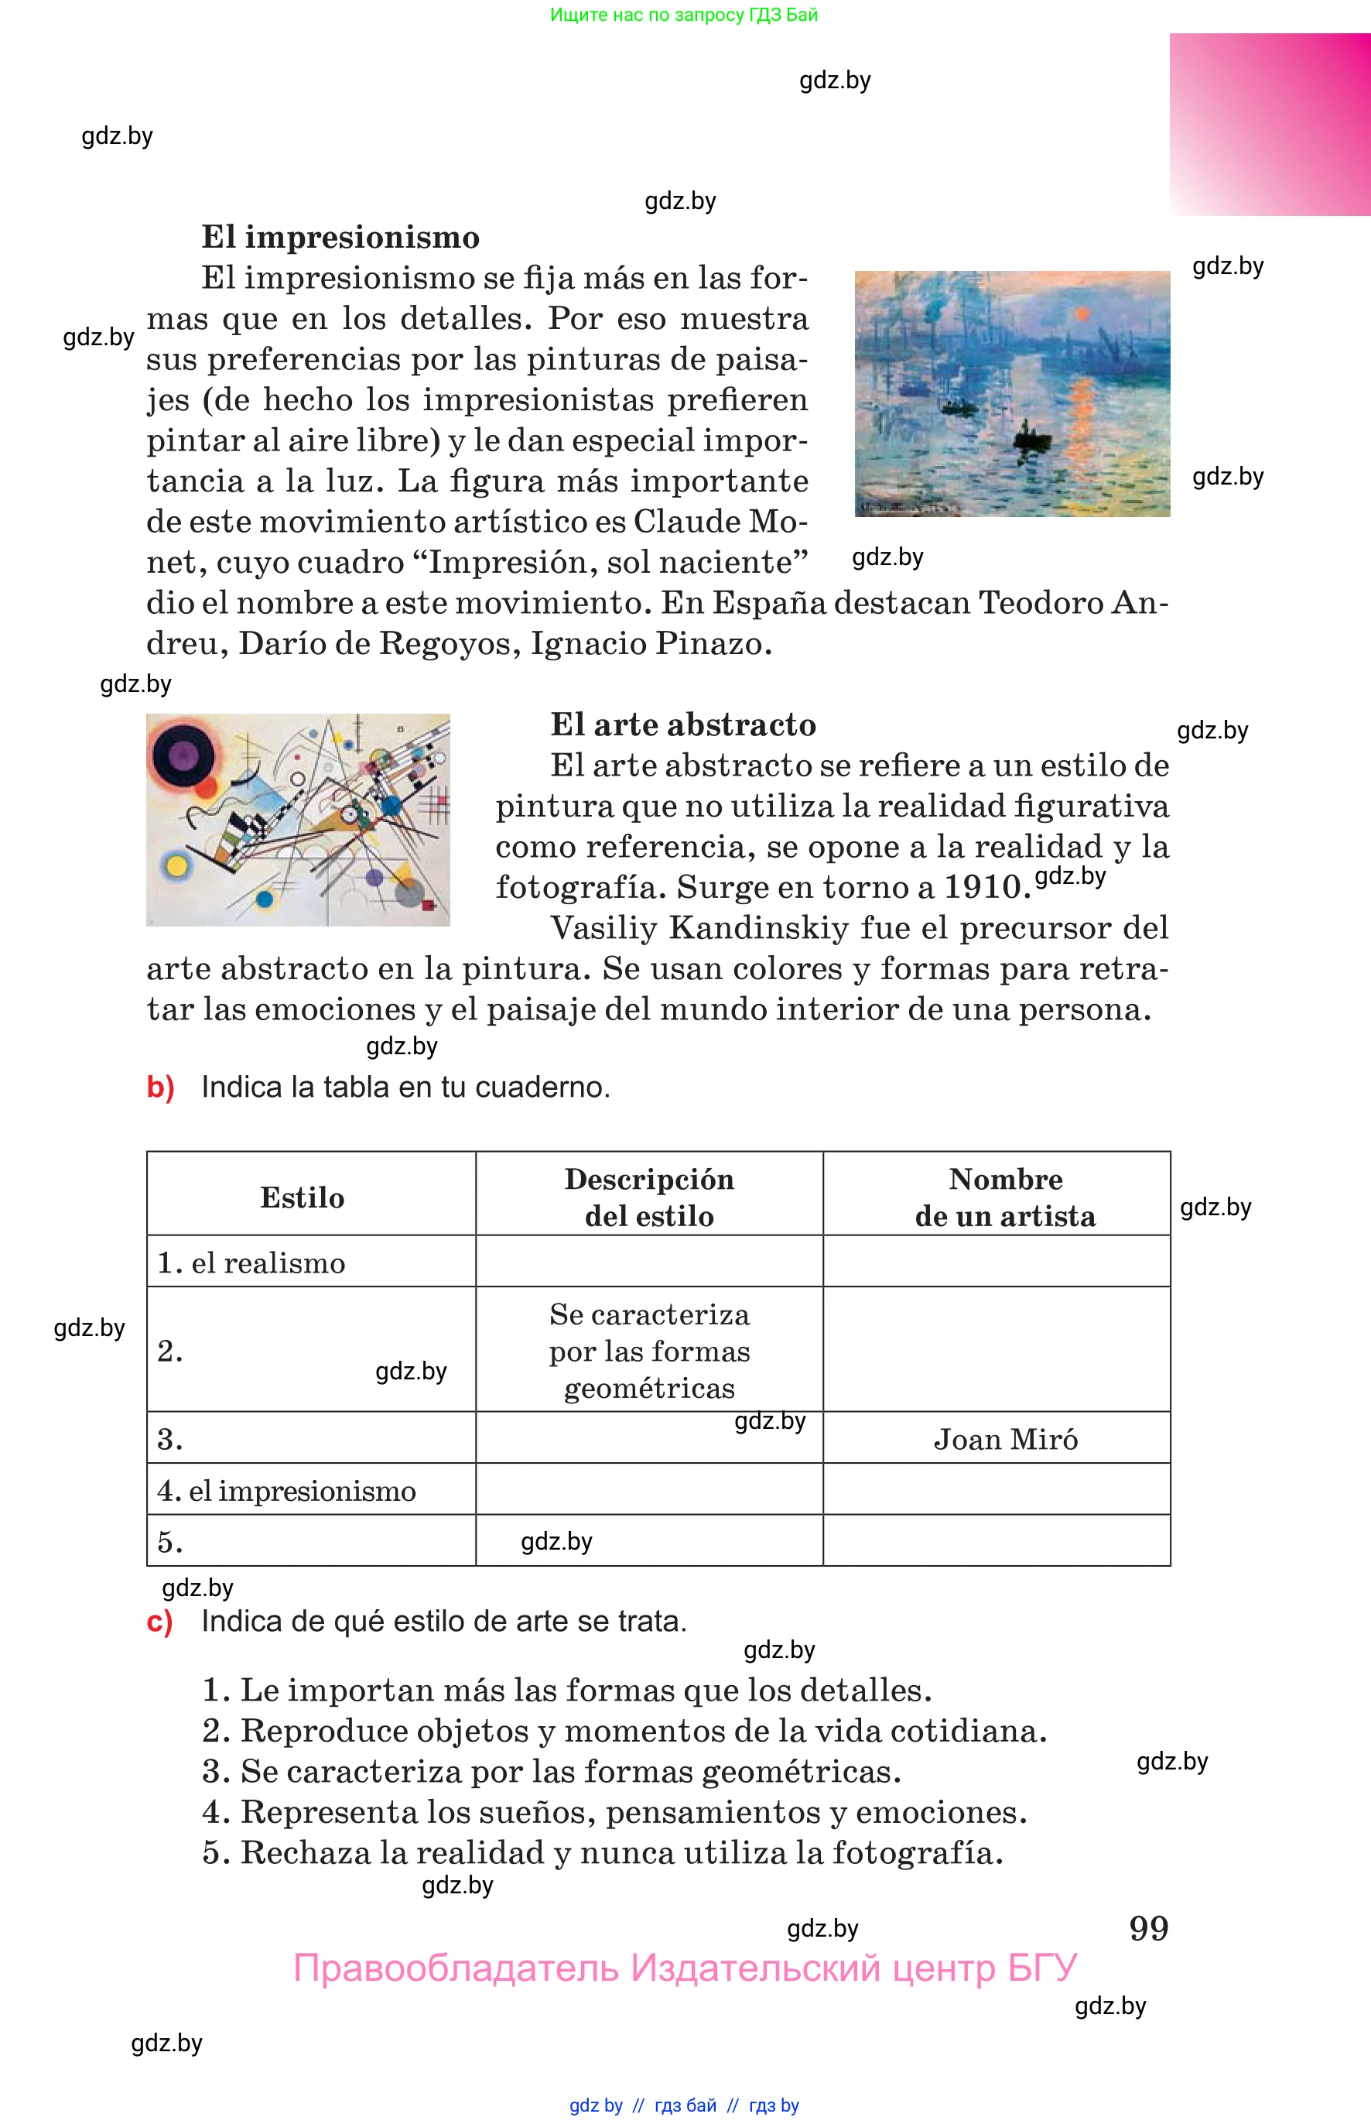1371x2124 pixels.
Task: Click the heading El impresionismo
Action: [x=340, y=238]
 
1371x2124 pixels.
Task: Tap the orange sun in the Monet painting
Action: [x=1082, y=314]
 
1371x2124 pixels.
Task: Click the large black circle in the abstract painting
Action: [x=183, y=756]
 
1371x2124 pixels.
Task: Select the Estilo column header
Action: [x=302, y=1197]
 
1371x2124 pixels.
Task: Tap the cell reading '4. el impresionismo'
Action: [x=287, y=1491]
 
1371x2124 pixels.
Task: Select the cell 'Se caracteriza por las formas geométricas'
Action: [x=649, y=1351]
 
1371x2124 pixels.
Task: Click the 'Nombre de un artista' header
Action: [x=1005, y=1197]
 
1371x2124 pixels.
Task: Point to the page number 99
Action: [x=1148, y=1929]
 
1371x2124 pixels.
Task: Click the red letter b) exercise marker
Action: [x=160, y=1088]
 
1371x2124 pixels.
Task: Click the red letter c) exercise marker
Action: [x=159, y=1622]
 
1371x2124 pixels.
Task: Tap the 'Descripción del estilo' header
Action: [x=649, y=1197]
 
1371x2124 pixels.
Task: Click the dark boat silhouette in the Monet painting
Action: [x=1031, y=437]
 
